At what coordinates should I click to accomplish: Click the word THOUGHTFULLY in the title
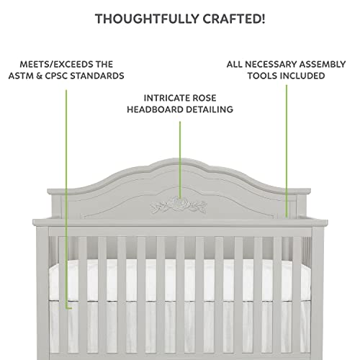[x=147, y=19]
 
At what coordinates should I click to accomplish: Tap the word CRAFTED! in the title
[x=234, y=19]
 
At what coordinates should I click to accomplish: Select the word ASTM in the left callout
[x=20, y=76]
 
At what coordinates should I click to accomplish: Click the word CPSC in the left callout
[x=56, y=76]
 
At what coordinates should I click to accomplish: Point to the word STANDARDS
[x=97, y=76]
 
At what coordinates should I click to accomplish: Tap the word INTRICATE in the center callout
[x=163, y=98]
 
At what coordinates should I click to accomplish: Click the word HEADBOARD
[x=156, y=109]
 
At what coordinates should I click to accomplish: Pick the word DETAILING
[x=210, y=109]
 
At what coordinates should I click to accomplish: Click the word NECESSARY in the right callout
[x=271, y=64]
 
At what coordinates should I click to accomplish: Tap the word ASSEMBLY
[x=323, y=64]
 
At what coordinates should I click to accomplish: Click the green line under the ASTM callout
[x=66, y=199]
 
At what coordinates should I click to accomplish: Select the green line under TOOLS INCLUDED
[x=287, y=151]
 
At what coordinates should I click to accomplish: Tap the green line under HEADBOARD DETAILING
[x=180, y=160]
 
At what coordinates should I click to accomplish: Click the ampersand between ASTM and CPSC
[x=38, y=76]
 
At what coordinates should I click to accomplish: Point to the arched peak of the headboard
[x=179, y=160]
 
